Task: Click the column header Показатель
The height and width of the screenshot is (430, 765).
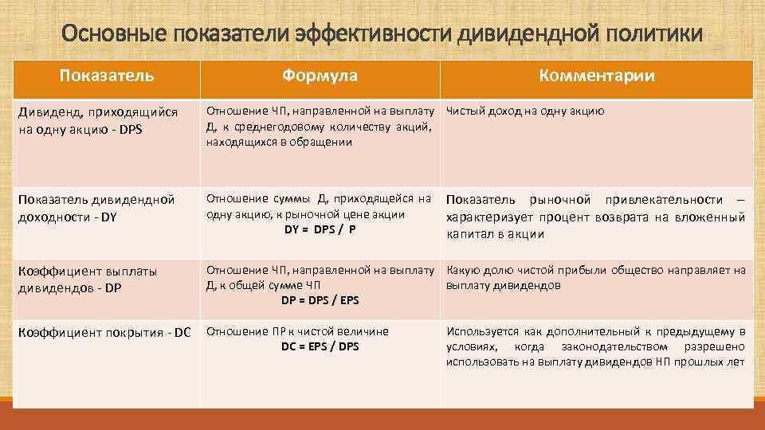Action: pos(107,76)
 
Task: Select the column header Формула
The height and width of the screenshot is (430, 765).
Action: pos(319,76)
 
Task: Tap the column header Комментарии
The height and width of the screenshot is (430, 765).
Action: pos(596,76)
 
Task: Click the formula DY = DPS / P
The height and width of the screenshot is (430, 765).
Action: pos(320,229)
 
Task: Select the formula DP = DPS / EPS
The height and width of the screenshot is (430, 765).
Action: pos(320,300)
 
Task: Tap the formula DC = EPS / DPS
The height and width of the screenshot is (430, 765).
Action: pos(320,346)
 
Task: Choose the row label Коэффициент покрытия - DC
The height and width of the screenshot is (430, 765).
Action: pos(104,332)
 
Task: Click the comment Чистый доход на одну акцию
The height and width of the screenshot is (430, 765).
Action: pos(525,111)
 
